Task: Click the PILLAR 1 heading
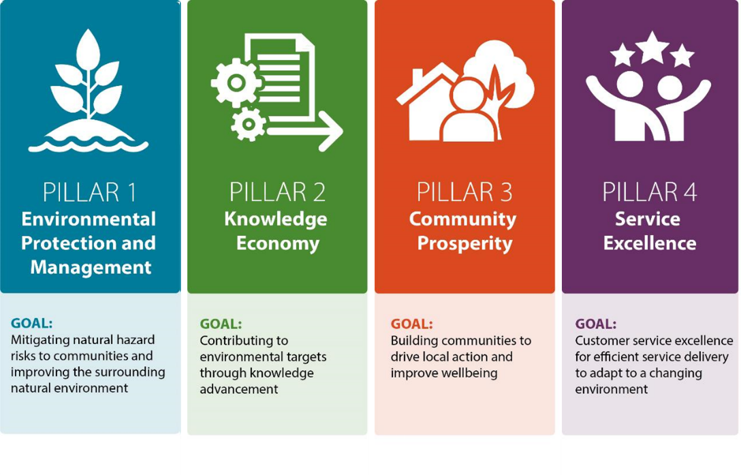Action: coord(89,192)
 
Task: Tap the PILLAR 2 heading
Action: coord(277,192)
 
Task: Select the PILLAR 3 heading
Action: coord(464,192)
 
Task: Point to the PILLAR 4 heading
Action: coord(650,192)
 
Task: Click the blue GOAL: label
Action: coord(31,323)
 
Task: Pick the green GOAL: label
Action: coord(221,324)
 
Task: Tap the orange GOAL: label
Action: coord(411,324)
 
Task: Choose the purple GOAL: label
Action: coord(596,324)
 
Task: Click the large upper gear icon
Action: coord(236,83)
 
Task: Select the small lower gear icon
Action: coord(249,125)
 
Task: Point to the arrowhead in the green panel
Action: coord(331,132)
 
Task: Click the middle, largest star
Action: coord(652,47)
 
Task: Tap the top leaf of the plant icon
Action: coord(89,49)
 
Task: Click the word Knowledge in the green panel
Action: coord(276,219)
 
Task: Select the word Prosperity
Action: coord(464,244)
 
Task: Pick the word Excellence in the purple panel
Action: coord(650,243)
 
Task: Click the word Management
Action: coord(91,268)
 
